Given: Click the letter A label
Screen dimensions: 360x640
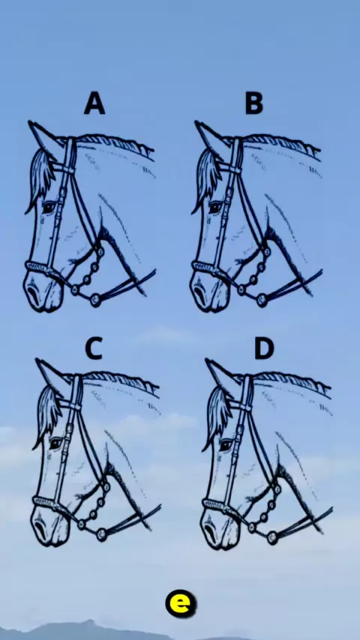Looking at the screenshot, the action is point(94,103).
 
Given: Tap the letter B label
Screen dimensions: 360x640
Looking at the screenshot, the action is point(253,103).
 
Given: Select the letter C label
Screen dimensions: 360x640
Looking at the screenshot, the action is point(94,349).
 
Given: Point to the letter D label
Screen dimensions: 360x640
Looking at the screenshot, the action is point(265,349).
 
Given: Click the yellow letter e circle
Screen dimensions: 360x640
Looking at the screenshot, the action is point(181,603).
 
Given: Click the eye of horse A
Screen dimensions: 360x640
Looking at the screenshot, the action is point(49,207).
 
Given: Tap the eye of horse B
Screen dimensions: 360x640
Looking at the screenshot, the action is point(215,207).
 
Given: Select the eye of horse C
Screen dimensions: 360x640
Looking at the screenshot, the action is point(56,443).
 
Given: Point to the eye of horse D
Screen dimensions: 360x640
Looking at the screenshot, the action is point(226,444).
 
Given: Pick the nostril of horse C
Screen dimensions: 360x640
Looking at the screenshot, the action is point(40,529).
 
